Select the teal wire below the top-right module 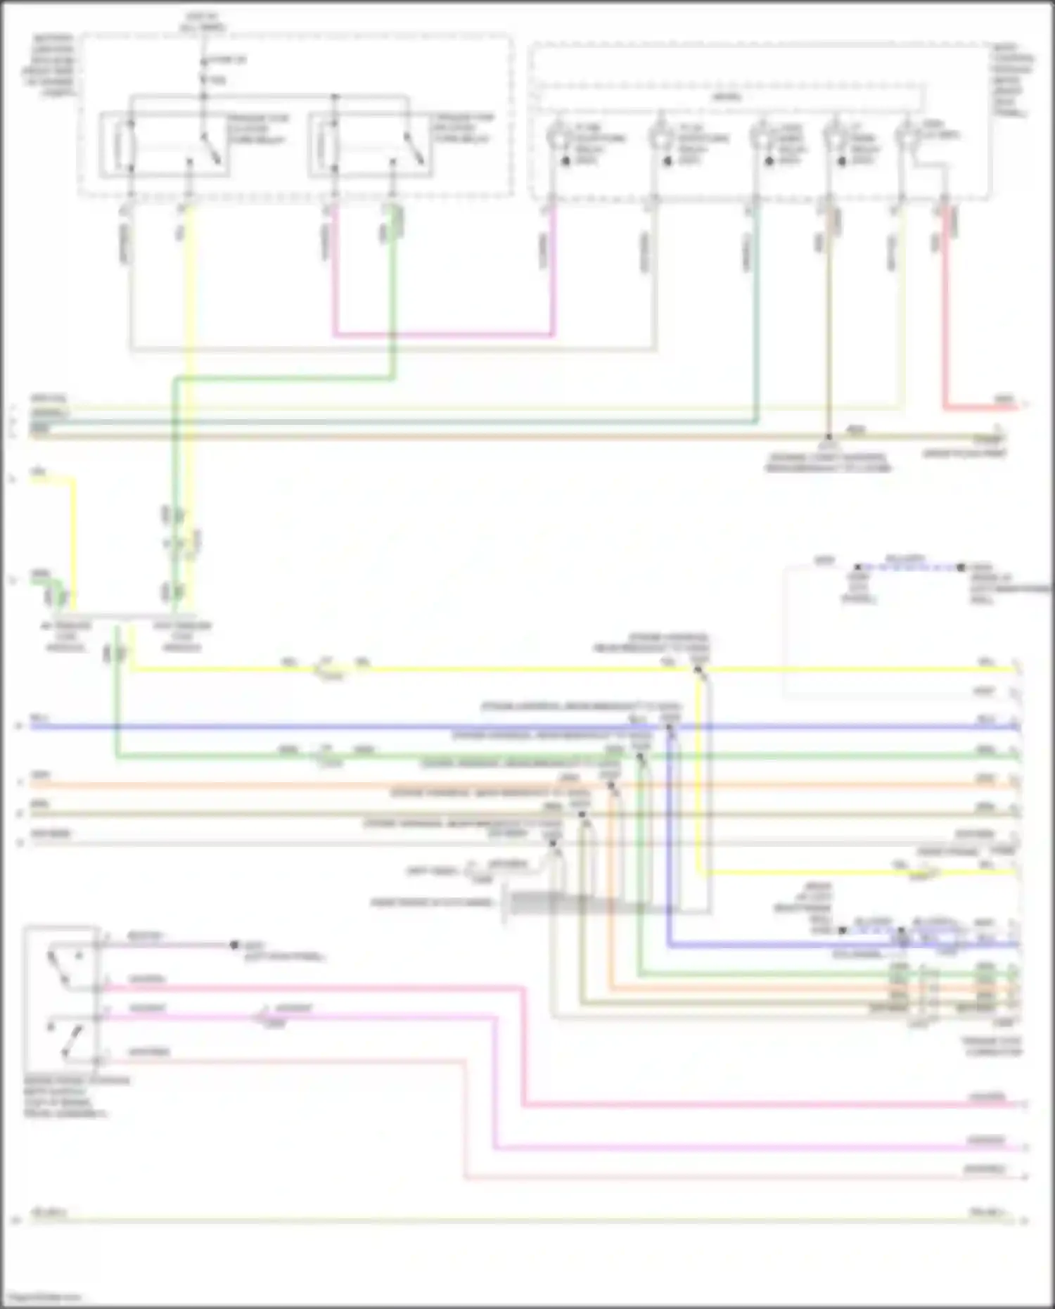tap(757, 317)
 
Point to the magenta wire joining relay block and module tap(443, 334)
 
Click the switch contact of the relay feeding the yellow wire tap(211, 148)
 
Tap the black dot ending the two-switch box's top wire tap(234, 945)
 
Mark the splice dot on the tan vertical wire tap(829, 437)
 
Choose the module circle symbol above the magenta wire tap(558, 136)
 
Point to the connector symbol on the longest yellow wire tap(327, 669)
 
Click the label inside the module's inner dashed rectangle tap(727, 97)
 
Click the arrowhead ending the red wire tap(1023, 405)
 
